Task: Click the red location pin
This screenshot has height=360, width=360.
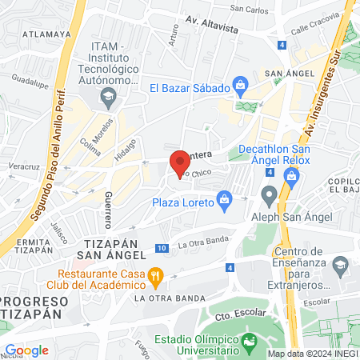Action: [180, 162]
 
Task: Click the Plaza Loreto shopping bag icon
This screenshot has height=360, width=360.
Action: [225, 197]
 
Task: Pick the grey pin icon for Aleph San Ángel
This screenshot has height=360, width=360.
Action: [270, 193]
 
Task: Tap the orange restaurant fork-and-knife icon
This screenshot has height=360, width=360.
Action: [157, 277]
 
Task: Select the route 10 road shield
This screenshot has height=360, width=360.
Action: [162, 249]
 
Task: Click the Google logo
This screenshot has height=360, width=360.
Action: [26, 350]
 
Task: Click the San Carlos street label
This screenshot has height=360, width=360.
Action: [249, 10]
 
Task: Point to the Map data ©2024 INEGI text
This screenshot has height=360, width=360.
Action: [312, 353]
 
